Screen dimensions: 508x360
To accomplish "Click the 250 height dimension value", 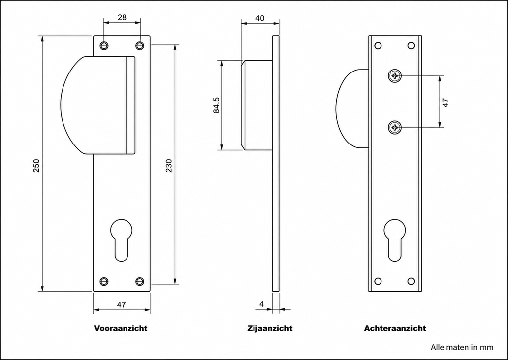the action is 36,165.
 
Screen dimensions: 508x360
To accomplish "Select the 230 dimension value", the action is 169,165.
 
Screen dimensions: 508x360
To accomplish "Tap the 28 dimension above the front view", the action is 122,17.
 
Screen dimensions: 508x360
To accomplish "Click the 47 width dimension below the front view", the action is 121,305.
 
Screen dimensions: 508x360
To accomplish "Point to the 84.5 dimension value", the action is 216,105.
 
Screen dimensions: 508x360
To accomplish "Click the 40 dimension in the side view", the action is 260,18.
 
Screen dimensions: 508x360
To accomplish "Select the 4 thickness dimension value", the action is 262,304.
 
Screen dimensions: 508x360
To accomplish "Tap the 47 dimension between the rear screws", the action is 445,103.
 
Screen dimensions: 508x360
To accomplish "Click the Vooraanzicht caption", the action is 121,328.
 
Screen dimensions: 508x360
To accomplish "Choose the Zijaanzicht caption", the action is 269,328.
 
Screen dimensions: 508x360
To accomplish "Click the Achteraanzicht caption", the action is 394,328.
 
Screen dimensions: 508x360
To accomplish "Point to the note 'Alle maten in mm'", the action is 462,348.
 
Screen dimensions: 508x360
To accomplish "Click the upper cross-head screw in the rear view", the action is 394,76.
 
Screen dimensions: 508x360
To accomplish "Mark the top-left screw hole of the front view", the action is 104,45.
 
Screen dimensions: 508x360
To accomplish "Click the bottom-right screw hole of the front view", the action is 139,281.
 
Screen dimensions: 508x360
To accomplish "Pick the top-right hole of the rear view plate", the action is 411,45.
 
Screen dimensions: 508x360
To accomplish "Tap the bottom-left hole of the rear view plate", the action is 378,281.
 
